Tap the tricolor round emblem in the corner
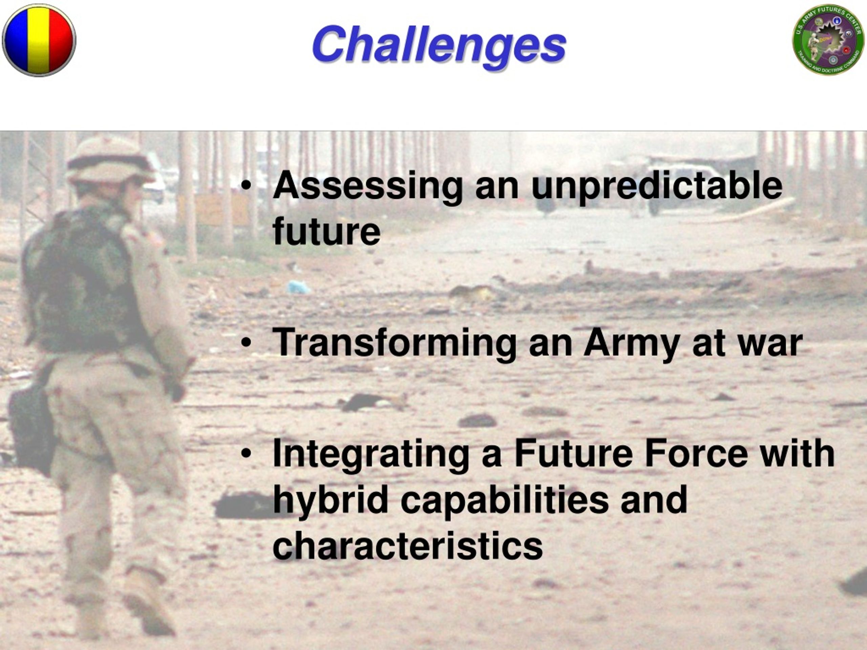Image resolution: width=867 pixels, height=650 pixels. pyautogui.click(x=39, y=40)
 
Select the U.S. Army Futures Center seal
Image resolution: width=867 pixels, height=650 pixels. pyautogui.click(x=828, y=40)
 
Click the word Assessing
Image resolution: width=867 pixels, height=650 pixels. pyautogui.click(x=368, y=187)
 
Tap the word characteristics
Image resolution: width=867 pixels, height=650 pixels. pyautogui.click(x=408, y=546)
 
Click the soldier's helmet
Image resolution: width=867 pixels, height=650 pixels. pyautogui.click(x=110, y=159)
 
